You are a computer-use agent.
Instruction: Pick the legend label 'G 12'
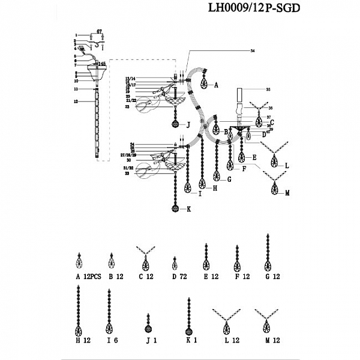(272, 277)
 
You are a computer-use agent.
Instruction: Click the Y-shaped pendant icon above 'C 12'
(145, 257)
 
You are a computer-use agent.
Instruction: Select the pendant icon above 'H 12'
(79, 312)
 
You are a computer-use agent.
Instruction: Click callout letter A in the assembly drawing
(216, 85)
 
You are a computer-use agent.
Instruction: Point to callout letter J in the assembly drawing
(188, 125)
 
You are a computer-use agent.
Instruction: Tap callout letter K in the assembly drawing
(188, 210)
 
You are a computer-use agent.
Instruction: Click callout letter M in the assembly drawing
(287, 193)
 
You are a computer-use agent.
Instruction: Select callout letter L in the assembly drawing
(287, 164)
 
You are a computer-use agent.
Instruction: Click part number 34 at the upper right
(244, 52)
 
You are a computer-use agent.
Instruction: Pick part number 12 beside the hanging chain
(76, 101)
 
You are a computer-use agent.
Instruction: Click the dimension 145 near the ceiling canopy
(102, 63)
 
